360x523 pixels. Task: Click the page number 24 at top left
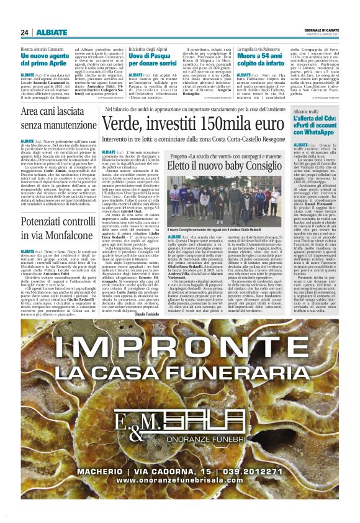click(24, 32)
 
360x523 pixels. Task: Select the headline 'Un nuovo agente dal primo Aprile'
click(43, 59)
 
